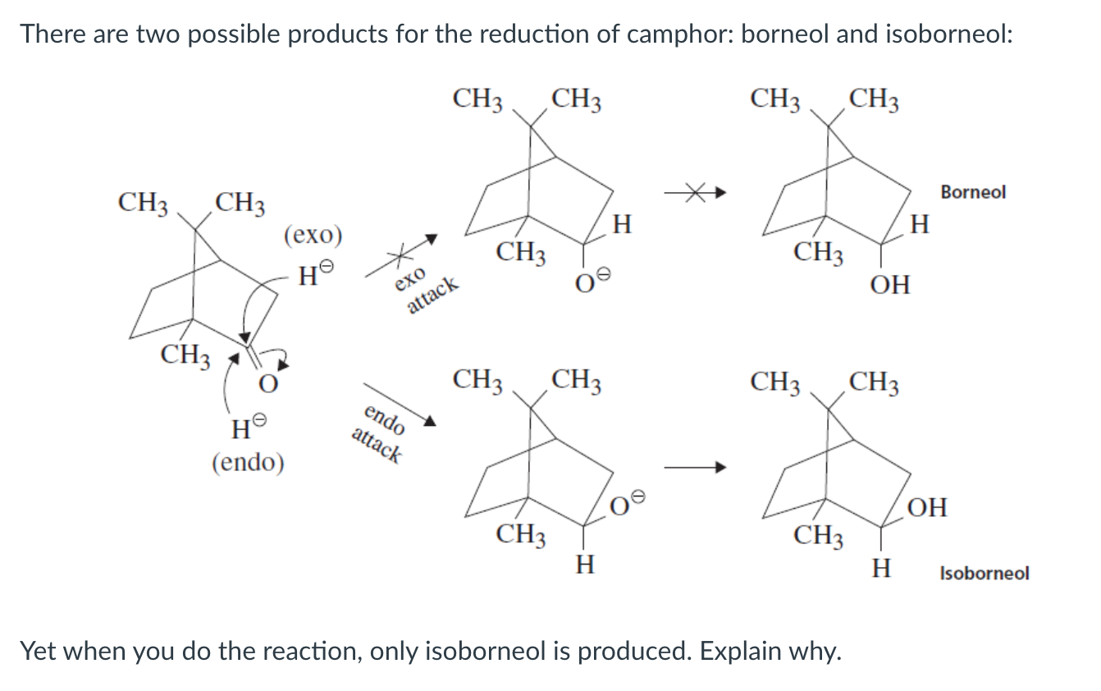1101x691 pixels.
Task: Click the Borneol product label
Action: [x=973, y=193]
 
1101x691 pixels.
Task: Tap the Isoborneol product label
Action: [x=984, y=573]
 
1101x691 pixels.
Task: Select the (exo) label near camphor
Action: [x=312, y=235]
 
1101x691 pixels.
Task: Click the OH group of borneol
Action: [x=890, y=286]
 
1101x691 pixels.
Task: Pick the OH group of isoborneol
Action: [x=927, y=507]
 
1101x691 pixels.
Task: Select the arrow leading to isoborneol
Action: [x=695, y=468]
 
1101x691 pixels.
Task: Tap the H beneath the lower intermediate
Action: [x=583, y=565]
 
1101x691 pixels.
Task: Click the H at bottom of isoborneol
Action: [x=880, y=567]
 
